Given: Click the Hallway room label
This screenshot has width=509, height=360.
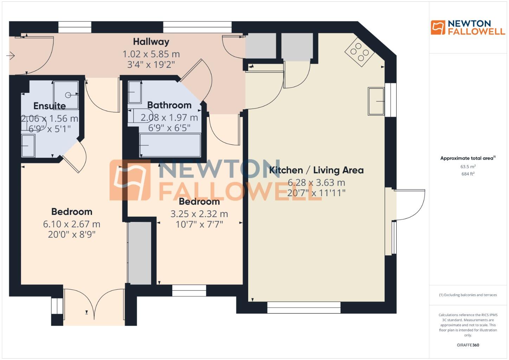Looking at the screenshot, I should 151,42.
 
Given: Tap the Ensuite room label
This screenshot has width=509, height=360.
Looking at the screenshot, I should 50,106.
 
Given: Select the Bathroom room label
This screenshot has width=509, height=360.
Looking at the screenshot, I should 169,105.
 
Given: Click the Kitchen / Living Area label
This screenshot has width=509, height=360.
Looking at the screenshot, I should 316,170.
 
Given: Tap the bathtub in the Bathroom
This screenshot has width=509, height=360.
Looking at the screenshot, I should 170,145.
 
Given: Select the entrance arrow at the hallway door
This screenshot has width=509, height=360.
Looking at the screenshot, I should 11,56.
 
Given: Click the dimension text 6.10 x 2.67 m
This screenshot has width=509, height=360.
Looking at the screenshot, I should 72,224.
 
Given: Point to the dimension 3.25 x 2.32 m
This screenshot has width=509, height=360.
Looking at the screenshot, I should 199,214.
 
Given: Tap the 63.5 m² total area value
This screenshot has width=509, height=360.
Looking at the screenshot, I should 468,167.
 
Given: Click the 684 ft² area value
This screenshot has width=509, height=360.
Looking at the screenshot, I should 468,174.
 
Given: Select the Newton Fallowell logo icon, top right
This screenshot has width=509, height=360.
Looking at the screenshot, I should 438,27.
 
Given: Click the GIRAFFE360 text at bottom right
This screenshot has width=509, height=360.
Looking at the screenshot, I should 468,345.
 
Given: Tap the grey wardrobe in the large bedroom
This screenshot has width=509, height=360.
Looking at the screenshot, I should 140,253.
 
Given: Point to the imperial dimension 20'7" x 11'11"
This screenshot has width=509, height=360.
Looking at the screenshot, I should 316,193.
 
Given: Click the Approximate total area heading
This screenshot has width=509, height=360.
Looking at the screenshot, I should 468,158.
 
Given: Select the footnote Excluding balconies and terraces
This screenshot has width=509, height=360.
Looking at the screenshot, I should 468,295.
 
